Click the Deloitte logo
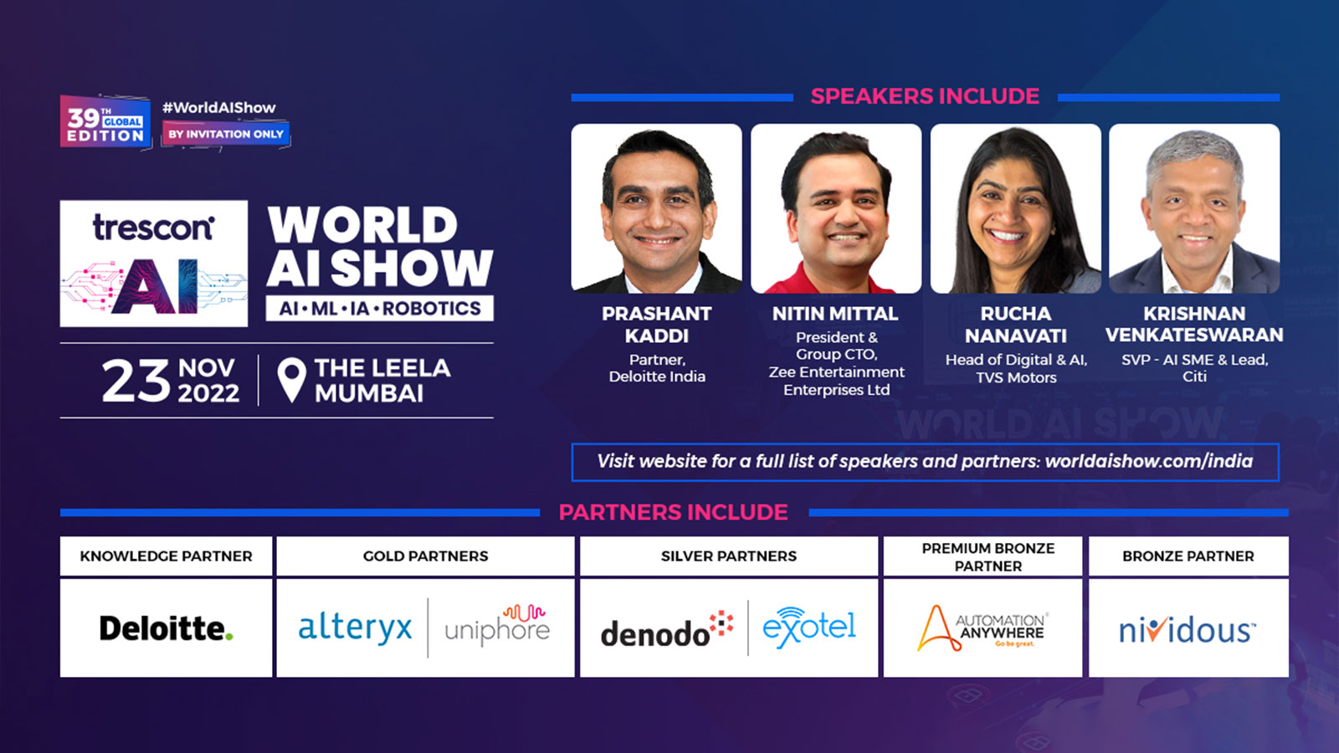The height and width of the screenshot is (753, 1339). coord(166,628)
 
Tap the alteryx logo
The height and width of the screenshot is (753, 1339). coord(355,627)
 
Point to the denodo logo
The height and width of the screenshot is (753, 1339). coord(666,631)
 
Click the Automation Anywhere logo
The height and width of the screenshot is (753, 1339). coord(982,628)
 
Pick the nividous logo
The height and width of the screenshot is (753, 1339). coord(1188,629)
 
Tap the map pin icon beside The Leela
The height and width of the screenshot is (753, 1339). coord(291,380)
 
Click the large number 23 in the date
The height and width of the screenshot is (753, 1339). coord(136,382)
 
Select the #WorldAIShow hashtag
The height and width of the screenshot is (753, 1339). coord(218,108)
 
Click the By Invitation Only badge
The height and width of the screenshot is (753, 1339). coord(226,134)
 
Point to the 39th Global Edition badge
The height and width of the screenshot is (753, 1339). coord(105,122)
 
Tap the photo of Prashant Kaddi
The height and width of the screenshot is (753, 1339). coord(657,208)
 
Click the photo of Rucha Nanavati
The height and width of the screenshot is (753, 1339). coord(1015,208)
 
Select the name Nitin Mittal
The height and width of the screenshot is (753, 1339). coord(835,314)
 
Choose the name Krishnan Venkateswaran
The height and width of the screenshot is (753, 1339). coord(1194,324)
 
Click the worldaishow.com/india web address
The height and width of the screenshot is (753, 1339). coord(1148,461)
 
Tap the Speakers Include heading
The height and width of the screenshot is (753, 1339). coord(925,96)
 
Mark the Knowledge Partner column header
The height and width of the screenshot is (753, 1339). coord(166,556)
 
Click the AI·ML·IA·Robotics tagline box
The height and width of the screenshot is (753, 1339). coord(380,309)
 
